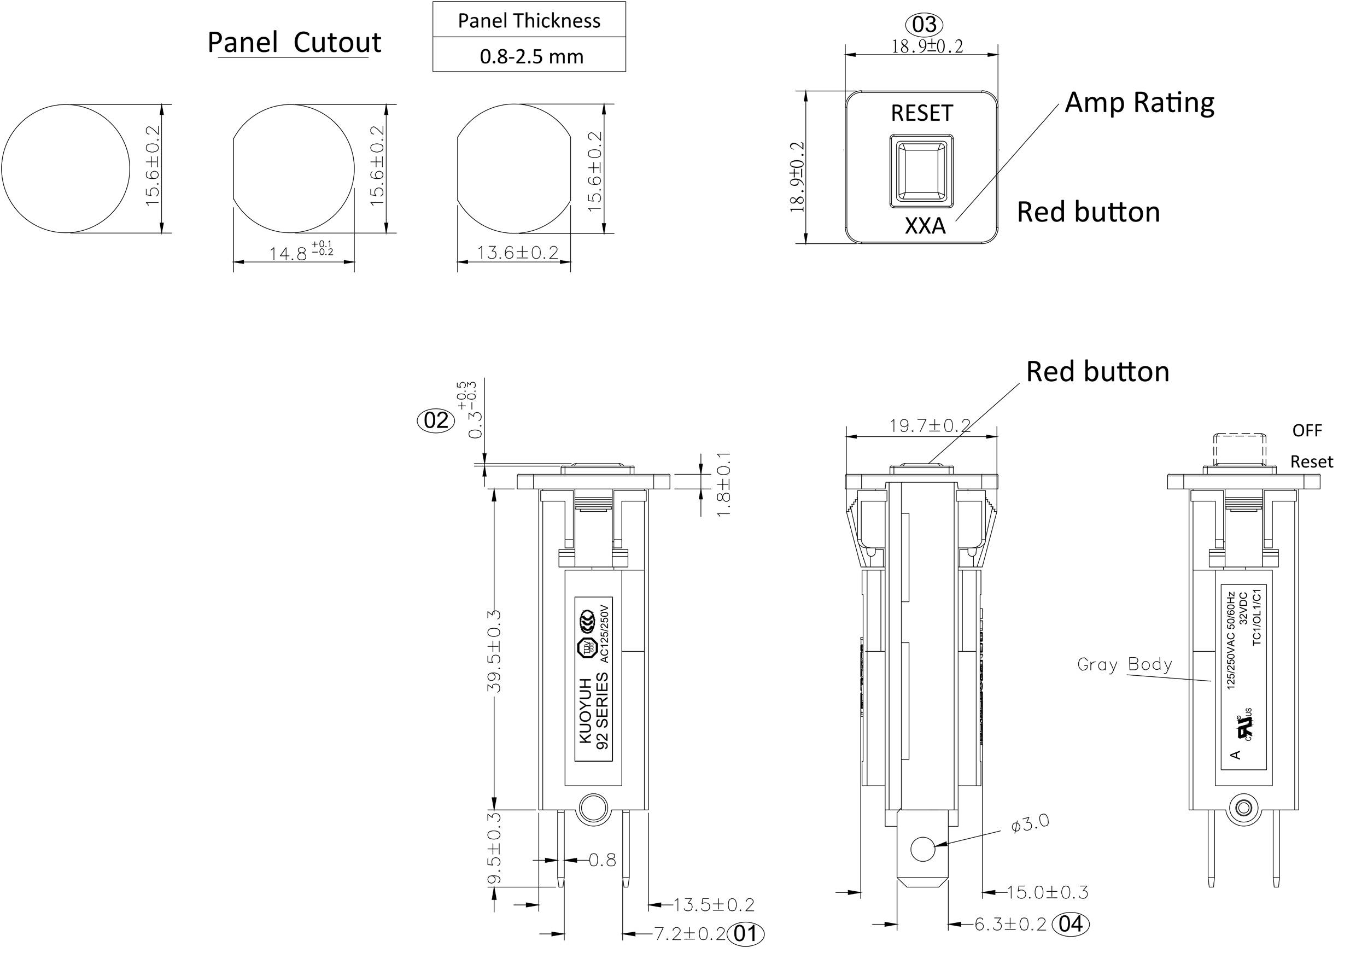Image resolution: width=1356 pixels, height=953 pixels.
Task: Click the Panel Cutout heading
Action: coord(294,43)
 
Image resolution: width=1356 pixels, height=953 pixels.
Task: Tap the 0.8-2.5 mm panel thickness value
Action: coord(530,57)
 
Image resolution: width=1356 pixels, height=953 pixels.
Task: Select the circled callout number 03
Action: coord(924,25)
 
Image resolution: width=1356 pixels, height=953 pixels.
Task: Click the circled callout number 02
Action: coord(436,420)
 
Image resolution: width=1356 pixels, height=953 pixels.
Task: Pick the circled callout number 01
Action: coord(746,933)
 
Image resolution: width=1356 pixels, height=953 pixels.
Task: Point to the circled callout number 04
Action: coord(1071,923)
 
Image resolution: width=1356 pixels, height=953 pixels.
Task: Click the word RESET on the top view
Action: coord(921,113)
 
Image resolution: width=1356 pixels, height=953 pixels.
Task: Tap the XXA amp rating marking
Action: coord(925,226)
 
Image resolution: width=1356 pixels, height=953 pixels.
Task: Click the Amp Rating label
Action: coord(1139,103)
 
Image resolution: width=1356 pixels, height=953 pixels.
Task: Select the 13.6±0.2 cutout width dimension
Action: coord(517,253)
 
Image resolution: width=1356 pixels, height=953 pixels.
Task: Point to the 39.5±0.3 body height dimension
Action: coord(495,651)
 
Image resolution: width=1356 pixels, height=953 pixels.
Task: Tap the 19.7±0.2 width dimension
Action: coord(930,425)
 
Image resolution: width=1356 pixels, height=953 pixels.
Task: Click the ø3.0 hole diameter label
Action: coord(1030,823)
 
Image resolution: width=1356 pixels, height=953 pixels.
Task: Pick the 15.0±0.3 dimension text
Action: coord(1047,892)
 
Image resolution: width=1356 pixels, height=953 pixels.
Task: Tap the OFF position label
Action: coord(1306,430)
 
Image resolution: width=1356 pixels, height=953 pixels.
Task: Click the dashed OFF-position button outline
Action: coord(1240,450)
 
